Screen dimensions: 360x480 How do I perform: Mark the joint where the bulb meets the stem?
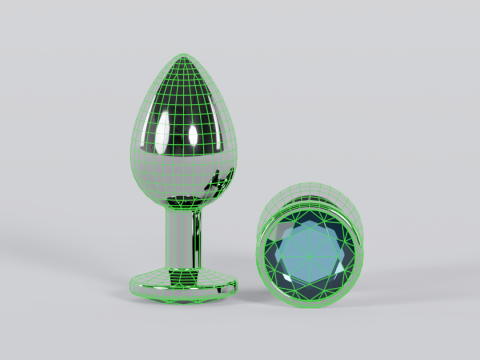point(187,208)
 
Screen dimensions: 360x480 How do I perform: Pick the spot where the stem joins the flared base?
point(185,265)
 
